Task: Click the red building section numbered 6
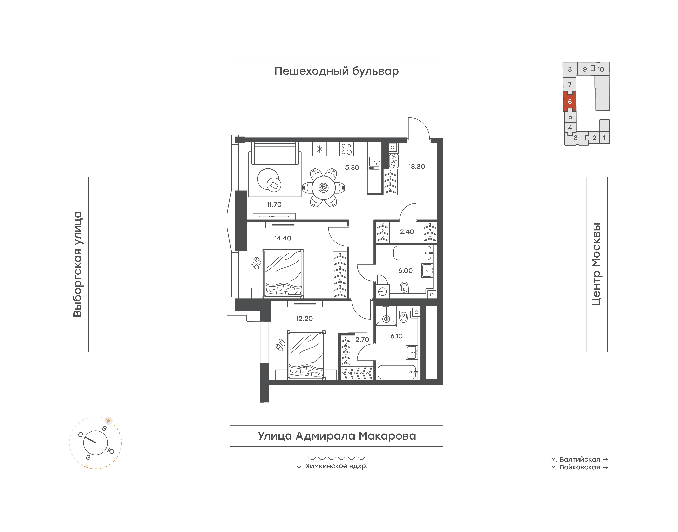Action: [570, 102]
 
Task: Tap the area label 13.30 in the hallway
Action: [417, 167]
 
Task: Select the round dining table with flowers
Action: [323, 188]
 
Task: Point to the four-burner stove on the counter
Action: [346, 149]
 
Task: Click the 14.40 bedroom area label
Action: [283, 238]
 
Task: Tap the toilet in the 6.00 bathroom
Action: [404, 288]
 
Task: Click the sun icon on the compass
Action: [108, 420]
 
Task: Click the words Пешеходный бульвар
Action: [337, 71]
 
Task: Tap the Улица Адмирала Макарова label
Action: [337, 436]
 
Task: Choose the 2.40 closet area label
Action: [407, 232]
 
